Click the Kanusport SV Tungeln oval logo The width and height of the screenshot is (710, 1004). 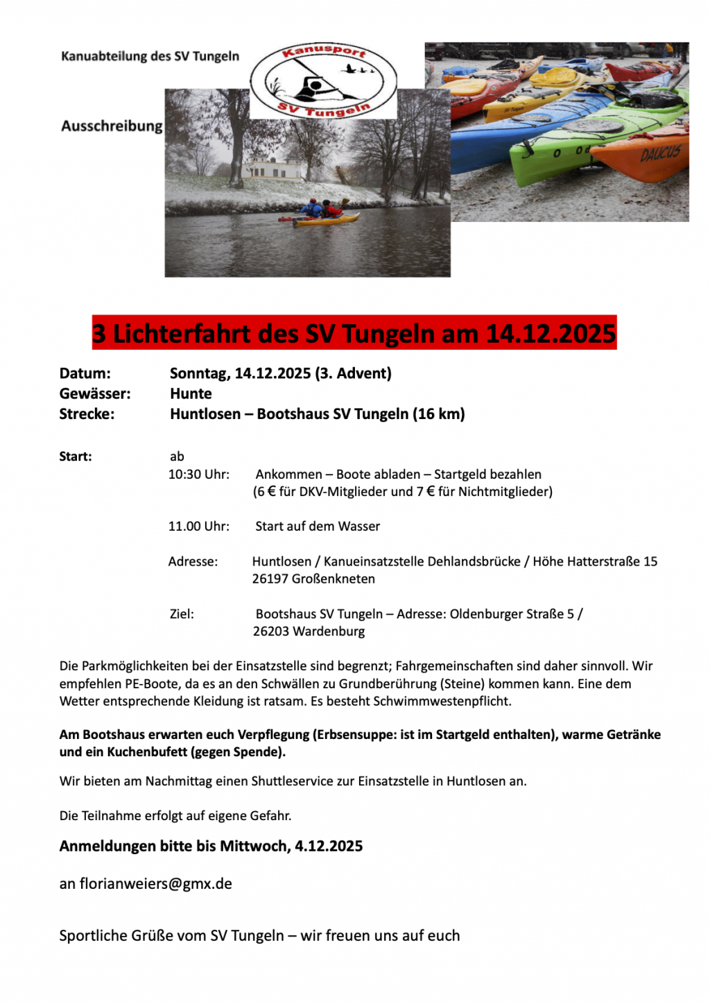(323, 81)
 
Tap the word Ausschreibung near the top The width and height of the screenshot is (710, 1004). (112, 126)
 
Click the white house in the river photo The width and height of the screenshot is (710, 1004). (275, 169)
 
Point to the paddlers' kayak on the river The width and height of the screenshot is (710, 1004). (326, 220)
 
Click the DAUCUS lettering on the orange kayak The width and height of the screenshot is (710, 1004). (660, 153)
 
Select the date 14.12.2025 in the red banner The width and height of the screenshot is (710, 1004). (551, 334)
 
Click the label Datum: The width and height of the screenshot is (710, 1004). (85, 373)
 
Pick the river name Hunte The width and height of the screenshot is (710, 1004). (191, 393)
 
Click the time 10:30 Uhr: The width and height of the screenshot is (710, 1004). (199, 475)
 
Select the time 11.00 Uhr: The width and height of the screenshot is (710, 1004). (199, 527)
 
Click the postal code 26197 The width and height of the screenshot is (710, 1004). (270, 579)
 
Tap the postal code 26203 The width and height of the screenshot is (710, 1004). (270, 631)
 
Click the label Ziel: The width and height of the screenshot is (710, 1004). (182, 614)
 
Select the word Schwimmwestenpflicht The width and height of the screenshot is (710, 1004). (442, 701)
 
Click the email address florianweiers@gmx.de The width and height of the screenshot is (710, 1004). (156, 884)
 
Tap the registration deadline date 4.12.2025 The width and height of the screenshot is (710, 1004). (329, 846)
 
